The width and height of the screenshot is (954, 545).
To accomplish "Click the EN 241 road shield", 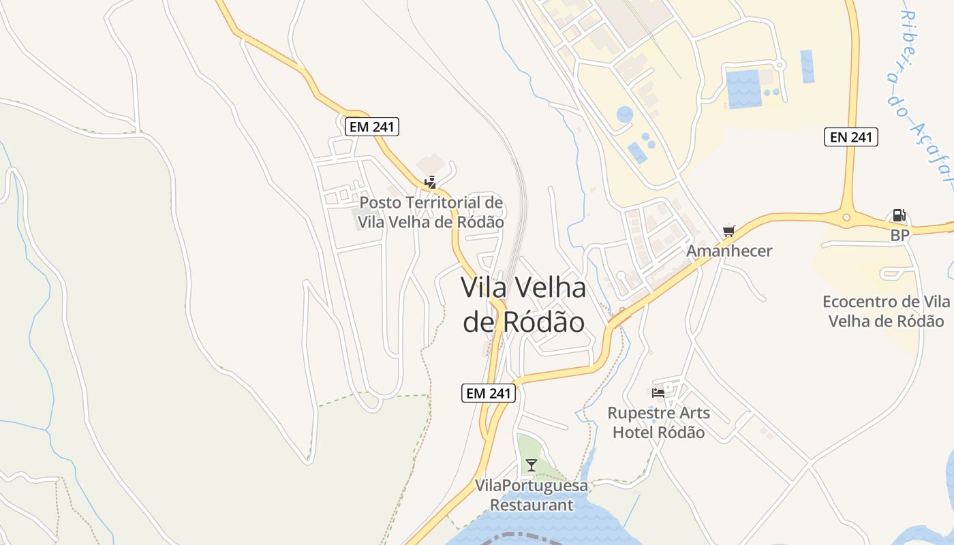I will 850,137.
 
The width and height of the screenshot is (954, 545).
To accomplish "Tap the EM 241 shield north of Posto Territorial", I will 371,126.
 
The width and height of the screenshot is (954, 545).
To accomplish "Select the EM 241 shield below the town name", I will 489,393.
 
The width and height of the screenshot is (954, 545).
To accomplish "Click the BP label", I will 899,235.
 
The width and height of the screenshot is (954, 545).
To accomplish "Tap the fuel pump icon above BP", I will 899,216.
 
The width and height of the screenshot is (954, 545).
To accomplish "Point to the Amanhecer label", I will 729,251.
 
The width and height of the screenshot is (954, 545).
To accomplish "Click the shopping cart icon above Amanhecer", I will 729,232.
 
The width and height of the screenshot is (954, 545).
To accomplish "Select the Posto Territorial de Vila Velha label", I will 431,212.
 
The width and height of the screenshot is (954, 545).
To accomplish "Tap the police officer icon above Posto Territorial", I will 430,182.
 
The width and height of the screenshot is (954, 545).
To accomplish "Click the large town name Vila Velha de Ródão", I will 523,305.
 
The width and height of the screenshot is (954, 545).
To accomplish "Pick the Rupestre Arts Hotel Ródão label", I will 658,422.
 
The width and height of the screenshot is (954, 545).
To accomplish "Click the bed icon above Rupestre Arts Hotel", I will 658,392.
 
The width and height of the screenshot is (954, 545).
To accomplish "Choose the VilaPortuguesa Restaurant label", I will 532,495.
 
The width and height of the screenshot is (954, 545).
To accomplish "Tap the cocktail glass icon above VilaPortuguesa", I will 532,465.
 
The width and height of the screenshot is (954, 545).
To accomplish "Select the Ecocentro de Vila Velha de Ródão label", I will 886,311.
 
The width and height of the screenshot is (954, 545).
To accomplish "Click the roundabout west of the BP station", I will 846,218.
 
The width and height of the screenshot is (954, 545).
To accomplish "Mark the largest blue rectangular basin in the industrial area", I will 743,89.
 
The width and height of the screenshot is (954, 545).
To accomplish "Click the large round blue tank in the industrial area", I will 625,114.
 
